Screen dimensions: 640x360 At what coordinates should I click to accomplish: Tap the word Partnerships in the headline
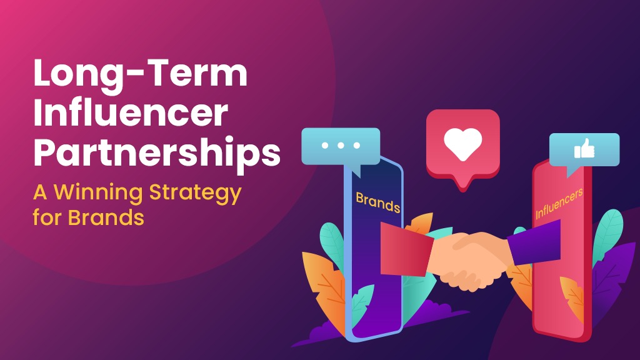coord(157,153)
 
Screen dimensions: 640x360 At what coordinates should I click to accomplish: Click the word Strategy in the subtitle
coord(196,193)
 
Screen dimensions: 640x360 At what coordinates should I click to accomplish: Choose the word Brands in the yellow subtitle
coord(106,217)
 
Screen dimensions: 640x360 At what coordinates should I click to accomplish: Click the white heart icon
coord(463,144)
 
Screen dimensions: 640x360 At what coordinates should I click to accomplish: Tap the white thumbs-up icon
coord(584,149)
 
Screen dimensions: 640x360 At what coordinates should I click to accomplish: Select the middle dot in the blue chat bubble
coord(341,145)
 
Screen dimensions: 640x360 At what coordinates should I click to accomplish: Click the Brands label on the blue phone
coord(378,202)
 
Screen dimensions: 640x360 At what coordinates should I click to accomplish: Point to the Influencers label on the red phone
coord(559,203)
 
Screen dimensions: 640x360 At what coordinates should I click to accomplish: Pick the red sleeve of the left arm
coord(406,249)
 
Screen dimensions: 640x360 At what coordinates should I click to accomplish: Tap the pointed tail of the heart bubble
coord(463,186)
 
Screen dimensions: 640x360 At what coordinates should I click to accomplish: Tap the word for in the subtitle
coord(47,217)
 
